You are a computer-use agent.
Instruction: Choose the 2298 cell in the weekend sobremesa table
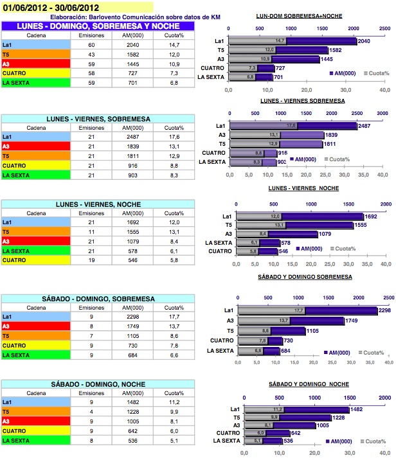[x=133, y=317]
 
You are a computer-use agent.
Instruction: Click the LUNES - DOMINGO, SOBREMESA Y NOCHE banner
[x=98, y=26]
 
